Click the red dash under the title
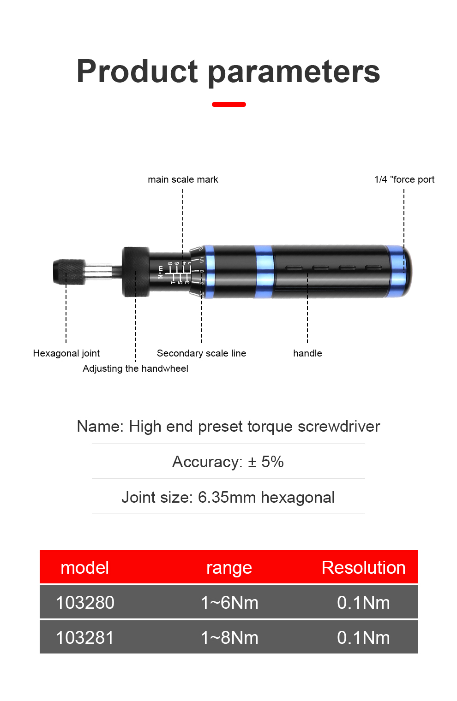click(228, 105)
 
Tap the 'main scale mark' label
click(183, 179)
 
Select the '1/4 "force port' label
click(404, 179)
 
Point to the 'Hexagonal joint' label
click(66, 353)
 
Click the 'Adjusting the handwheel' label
click(135, 368)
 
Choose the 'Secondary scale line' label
click(201, 353)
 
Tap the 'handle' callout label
click(307, 353)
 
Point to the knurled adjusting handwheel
click(136, 272)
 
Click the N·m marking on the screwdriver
click(160, 272)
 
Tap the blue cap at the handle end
click(400, 271)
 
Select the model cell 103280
click(85, 603)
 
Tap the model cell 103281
click(85, 638)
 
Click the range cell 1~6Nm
click(229, 603)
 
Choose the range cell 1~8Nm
click(229, 638)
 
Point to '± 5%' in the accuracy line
click(265, 462)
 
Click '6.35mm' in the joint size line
click(227, 497)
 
